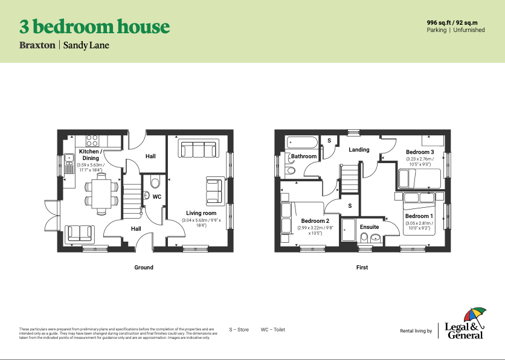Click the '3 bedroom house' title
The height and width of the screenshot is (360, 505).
(94, 27)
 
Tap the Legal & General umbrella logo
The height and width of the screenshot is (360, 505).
(475, 315)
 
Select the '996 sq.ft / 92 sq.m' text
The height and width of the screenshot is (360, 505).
(455, 22)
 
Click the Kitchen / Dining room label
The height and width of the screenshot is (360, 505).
(89, 155)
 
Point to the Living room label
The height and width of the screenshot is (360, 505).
(201, 213)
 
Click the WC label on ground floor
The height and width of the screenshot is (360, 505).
(156, 197)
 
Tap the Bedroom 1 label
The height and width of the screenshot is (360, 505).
(419, 216)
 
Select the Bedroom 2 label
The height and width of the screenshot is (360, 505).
(315, 221)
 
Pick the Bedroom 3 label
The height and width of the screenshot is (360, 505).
(419, 152)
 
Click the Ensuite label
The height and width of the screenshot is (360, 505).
(369, 227)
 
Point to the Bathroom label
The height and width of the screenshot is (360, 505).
(303, 156)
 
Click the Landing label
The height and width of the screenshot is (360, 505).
(359, 150)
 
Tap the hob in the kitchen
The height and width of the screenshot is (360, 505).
(92, 140)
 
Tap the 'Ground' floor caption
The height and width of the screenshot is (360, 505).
(144, 267)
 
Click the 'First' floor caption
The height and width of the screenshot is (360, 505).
(362, 267)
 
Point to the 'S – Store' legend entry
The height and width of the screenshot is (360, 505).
(239, 330)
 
